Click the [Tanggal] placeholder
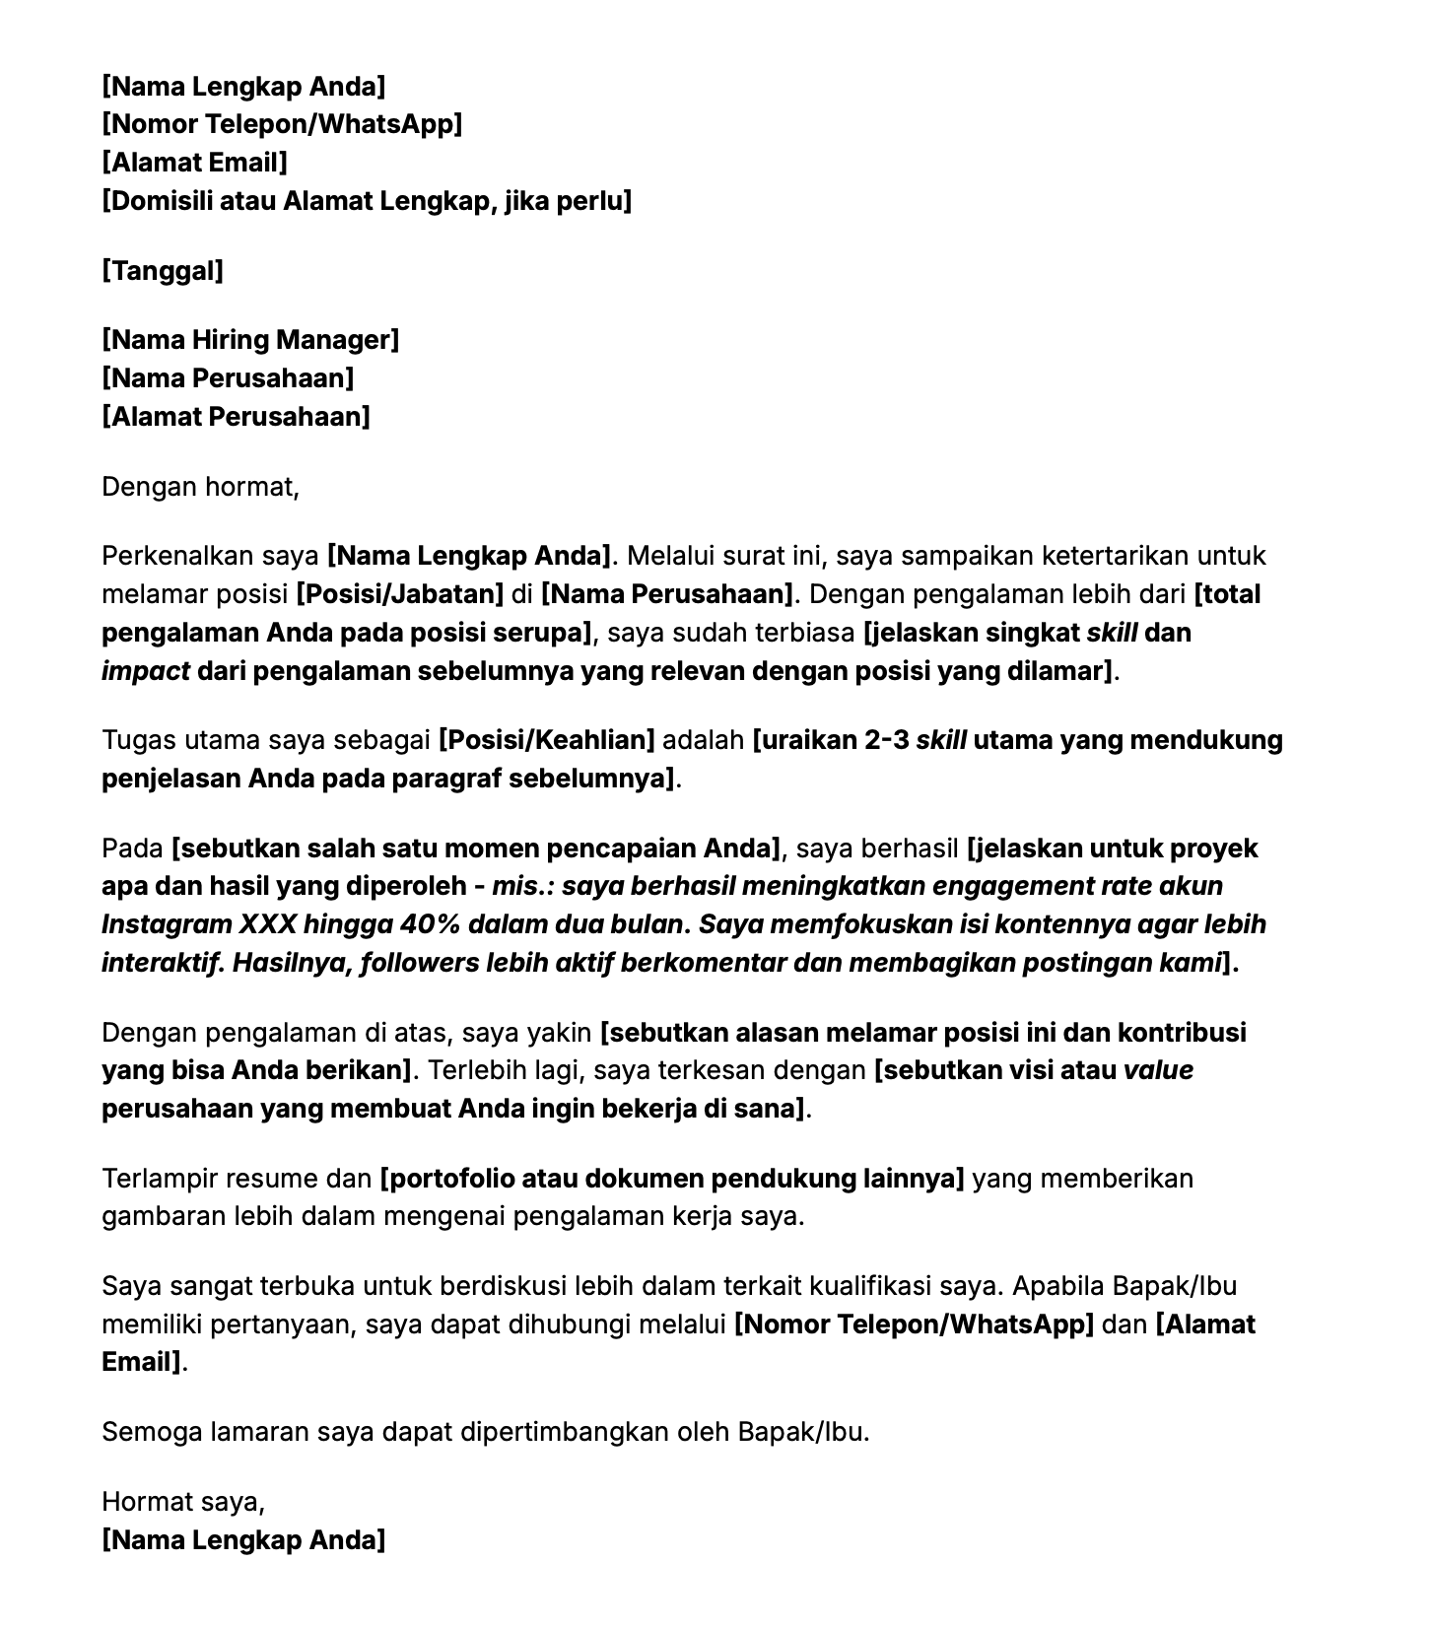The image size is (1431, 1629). tap(163, 270)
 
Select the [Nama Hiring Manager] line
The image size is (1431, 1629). tap(250, 340)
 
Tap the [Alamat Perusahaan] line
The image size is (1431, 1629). tap(236, 417)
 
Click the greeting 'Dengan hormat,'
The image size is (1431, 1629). tap(200, 487)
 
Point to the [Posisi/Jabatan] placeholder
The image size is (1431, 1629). tap(400, 594)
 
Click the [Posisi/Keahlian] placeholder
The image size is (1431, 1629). tap(546, 740)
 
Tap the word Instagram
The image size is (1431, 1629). tap(166, 925)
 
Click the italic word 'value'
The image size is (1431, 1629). tap(1158, 1071)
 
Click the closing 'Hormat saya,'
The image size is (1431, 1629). tap(183, 1502)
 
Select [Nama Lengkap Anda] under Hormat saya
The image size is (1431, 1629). tap(243, 1540)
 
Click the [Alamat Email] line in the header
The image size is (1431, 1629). tap(194, 163)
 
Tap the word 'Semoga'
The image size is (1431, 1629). tap(152, 1432)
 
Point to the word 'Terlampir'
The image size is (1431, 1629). tap(160, 1179)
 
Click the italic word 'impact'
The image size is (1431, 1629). tap(146, 672)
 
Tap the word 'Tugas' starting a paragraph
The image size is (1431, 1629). tap(136, 740)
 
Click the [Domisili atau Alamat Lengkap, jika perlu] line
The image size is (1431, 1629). tap(366, 201)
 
